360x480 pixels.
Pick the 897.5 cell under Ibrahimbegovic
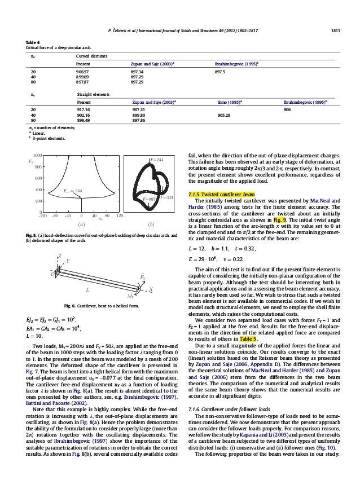tap(222, 72)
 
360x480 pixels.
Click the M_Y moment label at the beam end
tap(130, 295)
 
